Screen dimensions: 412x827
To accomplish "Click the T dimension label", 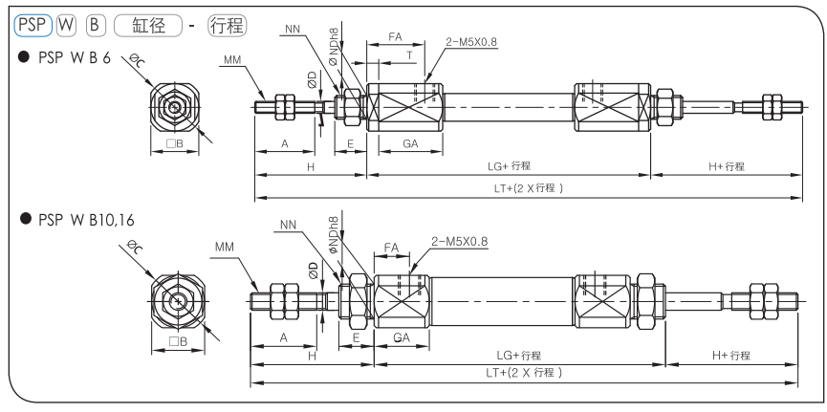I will click(x=410, y=54).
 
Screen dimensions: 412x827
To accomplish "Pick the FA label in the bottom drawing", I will click(x=391, y=247).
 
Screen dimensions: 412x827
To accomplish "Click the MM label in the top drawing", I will click(x=231, y=59).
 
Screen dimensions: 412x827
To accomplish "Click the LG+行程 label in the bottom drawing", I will click(x=515, y=357).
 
